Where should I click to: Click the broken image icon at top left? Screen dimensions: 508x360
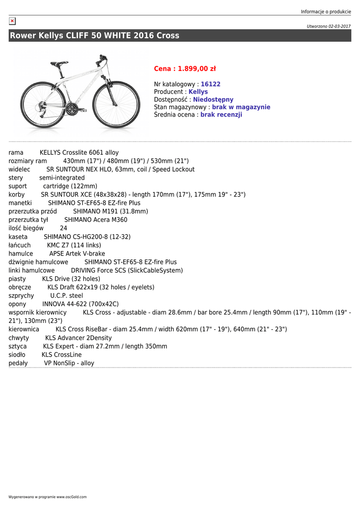coord(12,21)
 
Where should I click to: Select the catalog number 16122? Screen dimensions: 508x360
coord(211,84)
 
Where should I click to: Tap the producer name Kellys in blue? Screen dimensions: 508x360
coord(198,92)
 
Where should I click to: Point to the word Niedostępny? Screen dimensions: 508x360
coord(213,100)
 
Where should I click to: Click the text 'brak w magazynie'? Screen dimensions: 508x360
coord(241,107)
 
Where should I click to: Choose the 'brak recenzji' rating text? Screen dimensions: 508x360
coord(221,115)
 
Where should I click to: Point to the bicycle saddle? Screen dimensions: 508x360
coord(59,63)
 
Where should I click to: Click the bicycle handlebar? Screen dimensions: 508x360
coord(102,59)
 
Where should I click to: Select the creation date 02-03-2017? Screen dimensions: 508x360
coord(340,26)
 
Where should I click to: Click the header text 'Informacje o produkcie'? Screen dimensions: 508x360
coord(326,12)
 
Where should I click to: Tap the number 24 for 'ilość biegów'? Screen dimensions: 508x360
coord(64,228)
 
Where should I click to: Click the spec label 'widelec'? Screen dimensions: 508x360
coord(19,169)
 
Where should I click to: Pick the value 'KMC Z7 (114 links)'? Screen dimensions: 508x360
coord(74,245)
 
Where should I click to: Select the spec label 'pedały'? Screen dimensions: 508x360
coord(18,363)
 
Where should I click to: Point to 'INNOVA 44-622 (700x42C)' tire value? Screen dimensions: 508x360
coord(80,304)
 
